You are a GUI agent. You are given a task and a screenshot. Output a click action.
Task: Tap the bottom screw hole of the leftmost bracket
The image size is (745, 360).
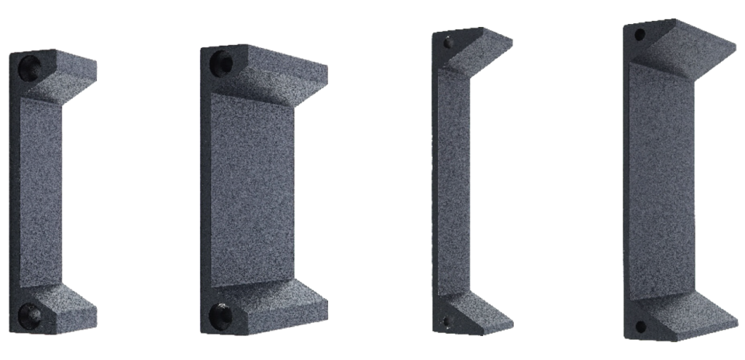click(x=31, y=314)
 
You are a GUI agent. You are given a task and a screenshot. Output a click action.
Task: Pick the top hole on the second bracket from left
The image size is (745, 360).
click(x=223, y=64)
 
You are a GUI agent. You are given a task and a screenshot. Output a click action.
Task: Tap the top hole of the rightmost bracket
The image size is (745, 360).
click(x=640, y=34)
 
